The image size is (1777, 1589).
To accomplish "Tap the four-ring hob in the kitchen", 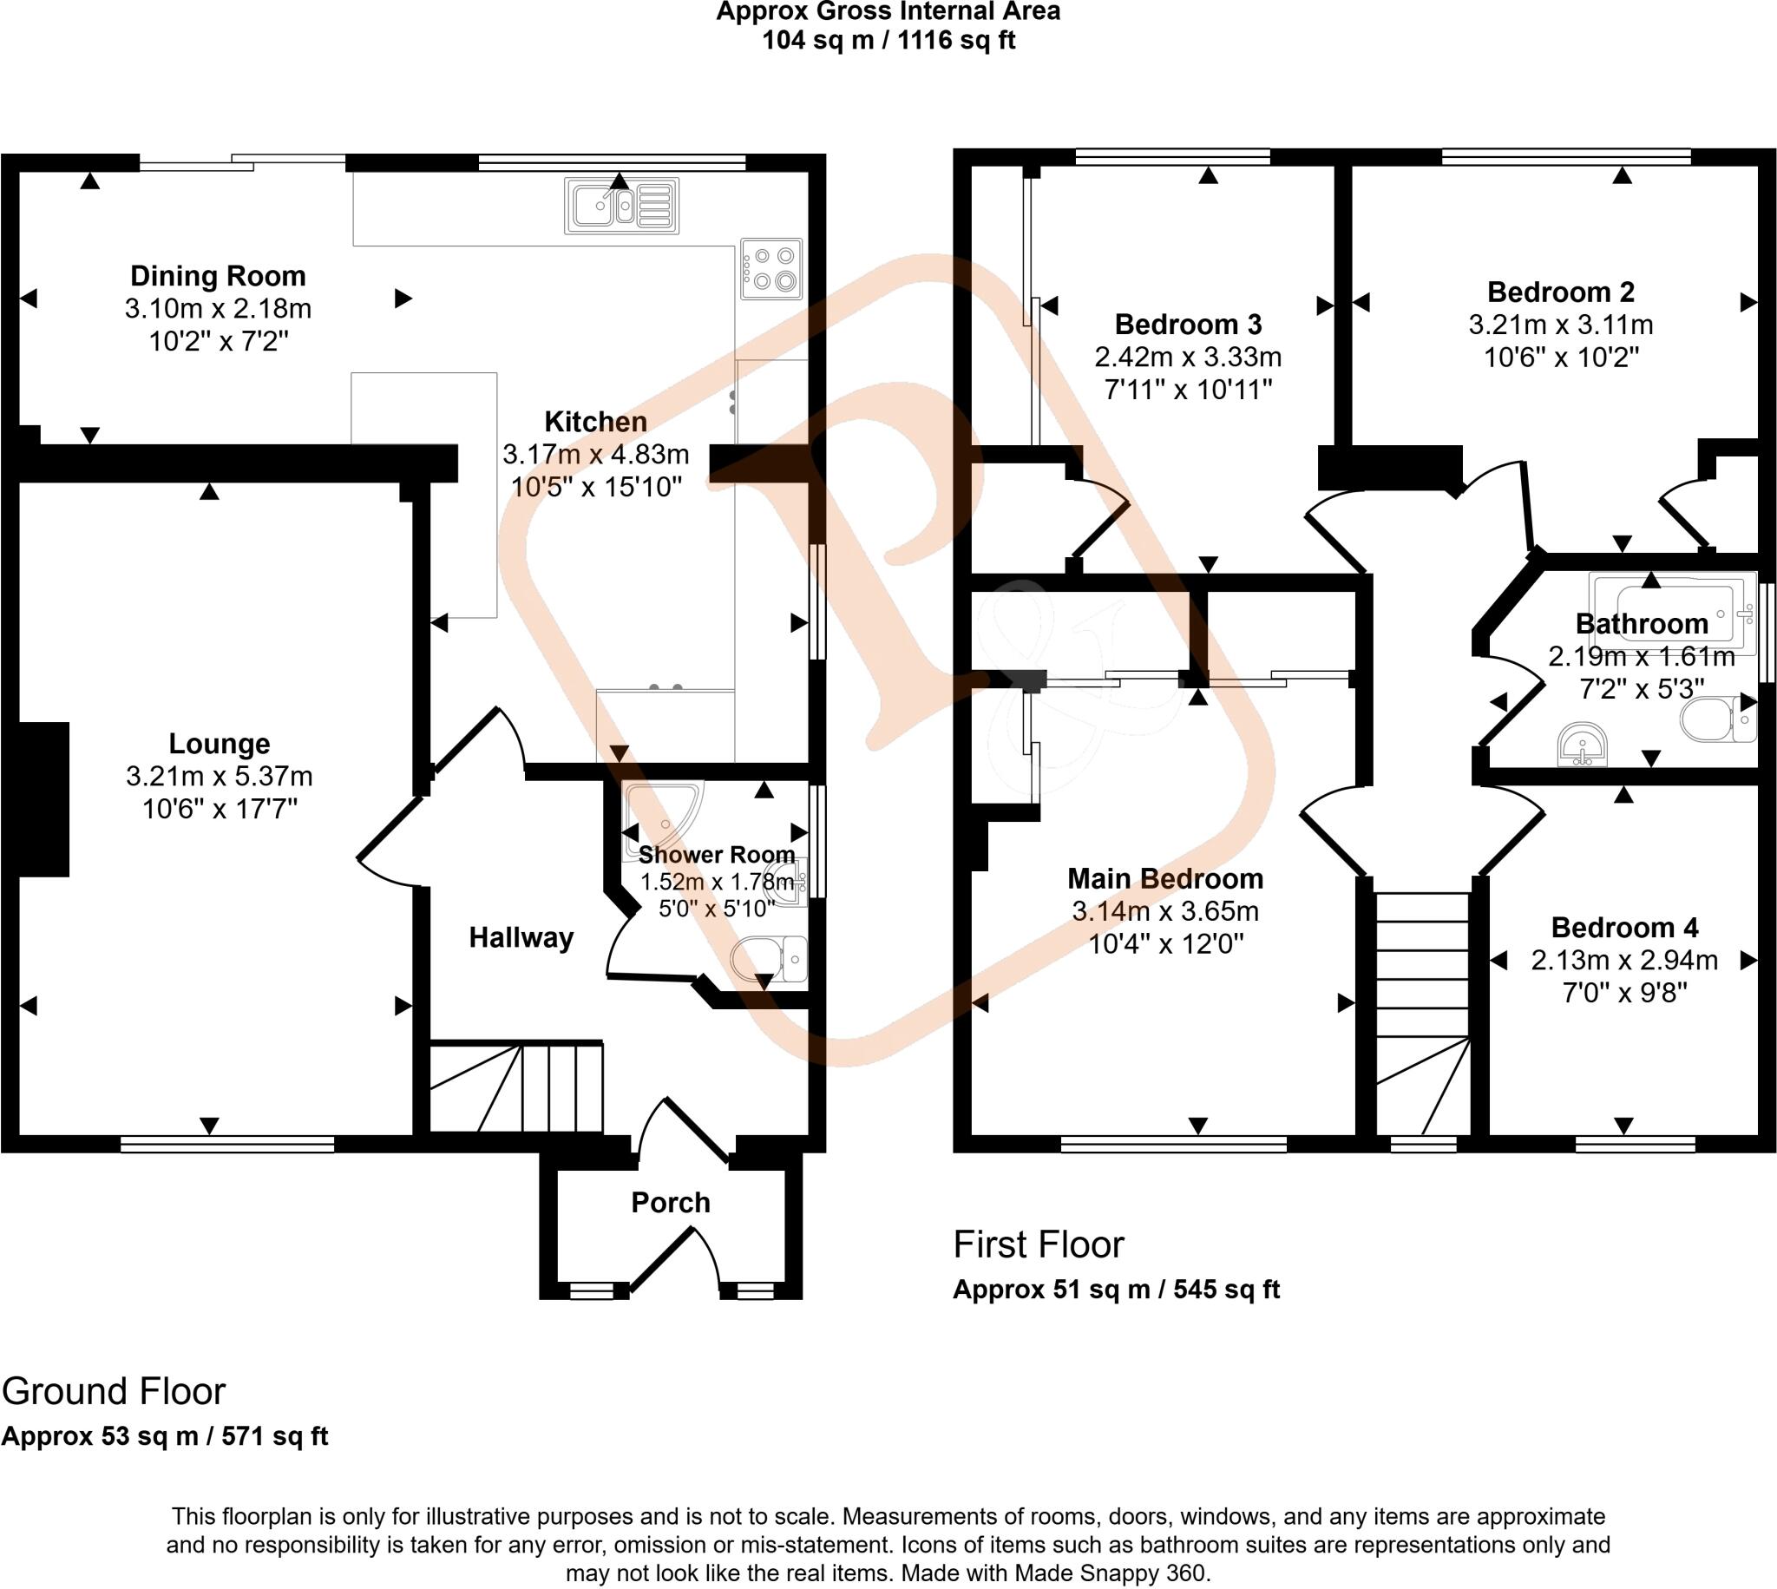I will [x=771, y=268].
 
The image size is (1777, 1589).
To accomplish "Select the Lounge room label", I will [x=219, y=744].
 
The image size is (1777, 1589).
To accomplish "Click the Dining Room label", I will [x=218, y=276].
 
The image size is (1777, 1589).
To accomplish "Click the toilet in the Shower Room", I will [x=770, y=959].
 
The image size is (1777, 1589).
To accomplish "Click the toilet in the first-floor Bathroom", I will [x=1718, y=719].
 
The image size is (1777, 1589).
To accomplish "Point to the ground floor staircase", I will [x=516, y=1087].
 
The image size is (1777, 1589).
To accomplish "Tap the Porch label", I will [x=671, y=1203].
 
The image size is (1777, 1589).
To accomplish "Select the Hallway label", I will [x=521, y=937].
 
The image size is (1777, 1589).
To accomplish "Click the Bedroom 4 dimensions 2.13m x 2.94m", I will [x=1624, y=961].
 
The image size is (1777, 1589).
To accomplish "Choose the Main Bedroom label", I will [x=1165, y=878].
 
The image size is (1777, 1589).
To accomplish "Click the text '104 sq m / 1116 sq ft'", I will [x=888, y=40].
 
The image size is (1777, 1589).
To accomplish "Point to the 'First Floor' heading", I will [x=1039, y=1245].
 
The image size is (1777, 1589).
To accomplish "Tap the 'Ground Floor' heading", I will [x=114, y=1392].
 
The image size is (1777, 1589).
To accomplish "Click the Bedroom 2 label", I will [x=1561, y=292].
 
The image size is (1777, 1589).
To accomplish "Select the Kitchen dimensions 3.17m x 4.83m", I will [x=595, y=455].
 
